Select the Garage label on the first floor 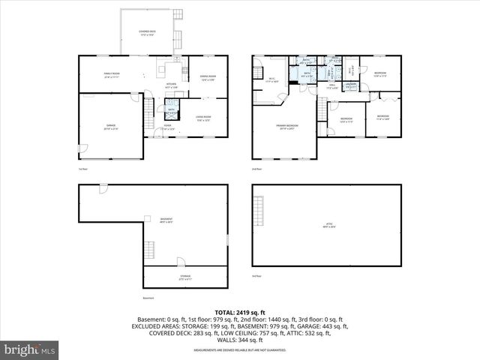click(x=110, y=127)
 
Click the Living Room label click(x=203, y=117)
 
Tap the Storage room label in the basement click(x=184, y=277)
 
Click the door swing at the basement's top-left click(x=103, y=188)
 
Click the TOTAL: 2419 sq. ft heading click(x=239, y=311)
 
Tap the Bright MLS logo click(x=30, y=349)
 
